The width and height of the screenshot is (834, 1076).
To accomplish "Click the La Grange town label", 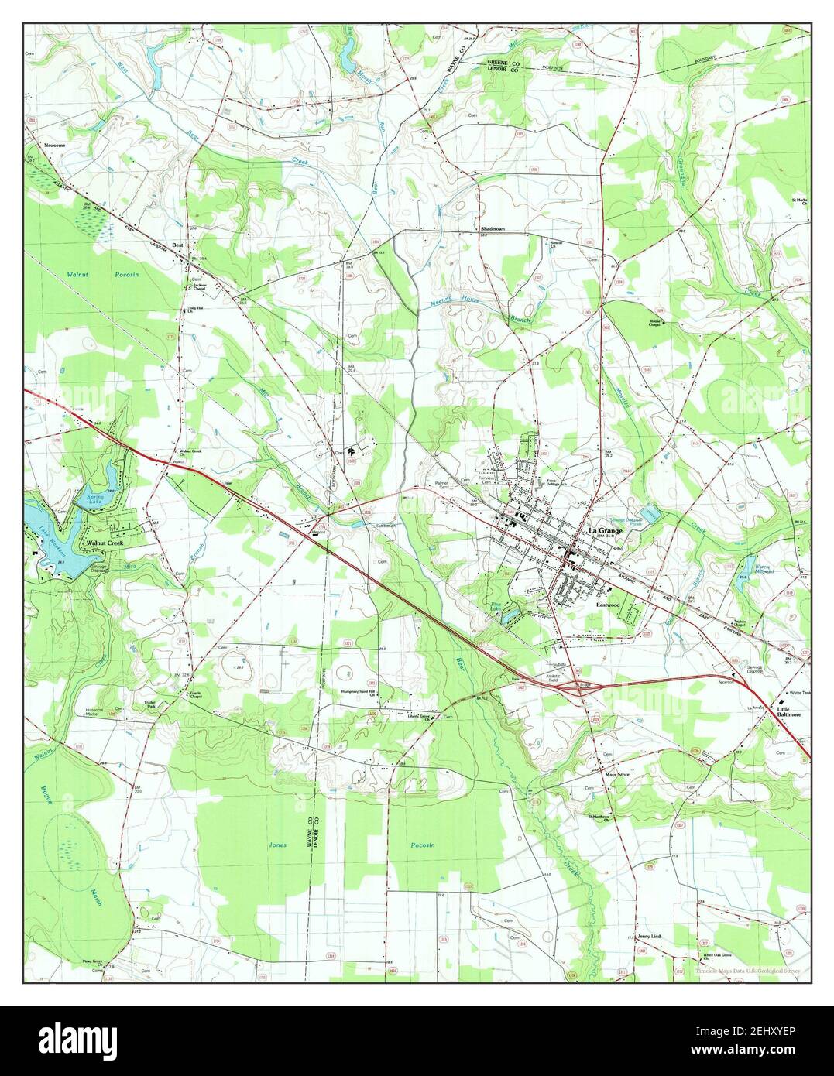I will (x=605, y=530).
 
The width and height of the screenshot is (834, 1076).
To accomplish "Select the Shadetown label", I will (x=493, y=230).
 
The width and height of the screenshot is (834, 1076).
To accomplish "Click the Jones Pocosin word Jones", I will (x=277, y=845).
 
